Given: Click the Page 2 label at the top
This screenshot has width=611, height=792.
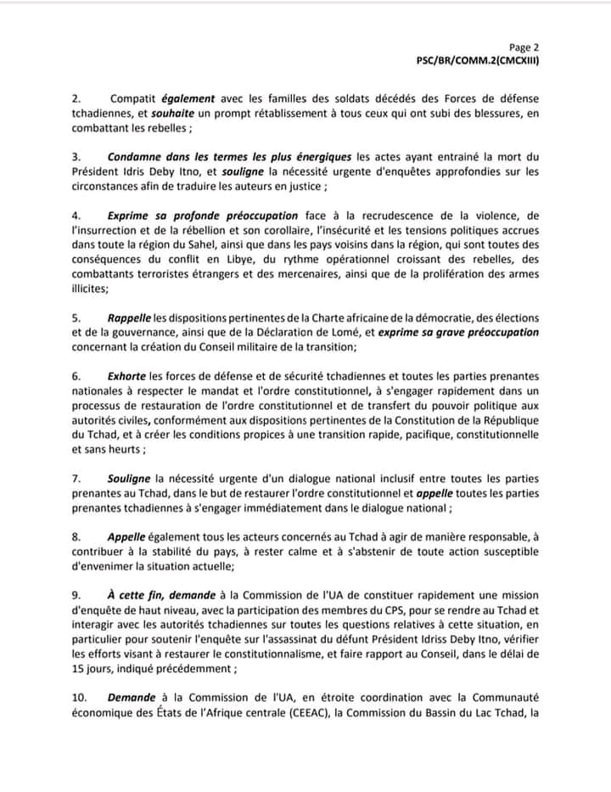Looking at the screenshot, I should (524, 48).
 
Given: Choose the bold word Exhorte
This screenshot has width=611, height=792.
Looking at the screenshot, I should (127, 376).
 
